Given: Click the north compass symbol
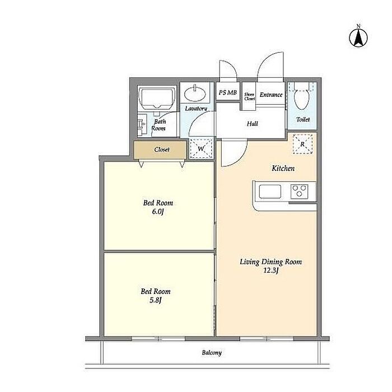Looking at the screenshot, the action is pos(358,38).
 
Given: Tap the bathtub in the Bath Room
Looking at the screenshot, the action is pos(157,98).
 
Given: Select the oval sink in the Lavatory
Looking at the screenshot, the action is pos(195,93).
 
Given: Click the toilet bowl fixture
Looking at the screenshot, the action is pos(301,97).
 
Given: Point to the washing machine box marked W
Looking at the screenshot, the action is pos(201,148).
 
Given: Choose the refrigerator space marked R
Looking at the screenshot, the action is pos(302,144).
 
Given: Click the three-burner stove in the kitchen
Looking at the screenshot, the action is pos(299,192).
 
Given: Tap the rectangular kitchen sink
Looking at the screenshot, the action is pos(270,192).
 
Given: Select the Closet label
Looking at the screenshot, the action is pos(162,150).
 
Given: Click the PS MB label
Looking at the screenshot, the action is pos(227,92).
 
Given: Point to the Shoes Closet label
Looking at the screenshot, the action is pos(250,96).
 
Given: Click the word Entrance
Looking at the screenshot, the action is pos(271,95).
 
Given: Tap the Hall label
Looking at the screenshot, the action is pos(252,124).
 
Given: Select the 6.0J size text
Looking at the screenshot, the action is pos(158,212).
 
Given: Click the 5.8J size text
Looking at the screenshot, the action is pos(156,300).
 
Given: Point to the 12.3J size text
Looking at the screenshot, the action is pos(271,270).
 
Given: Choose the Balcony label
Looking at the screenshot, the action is pos(212,353).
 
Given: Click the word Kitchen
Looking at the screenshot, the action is pos(283,168).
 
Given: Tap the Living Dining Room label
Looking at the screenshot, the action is pos(270,262).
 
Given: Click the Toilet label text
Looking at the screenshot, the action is pos(303,119).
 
